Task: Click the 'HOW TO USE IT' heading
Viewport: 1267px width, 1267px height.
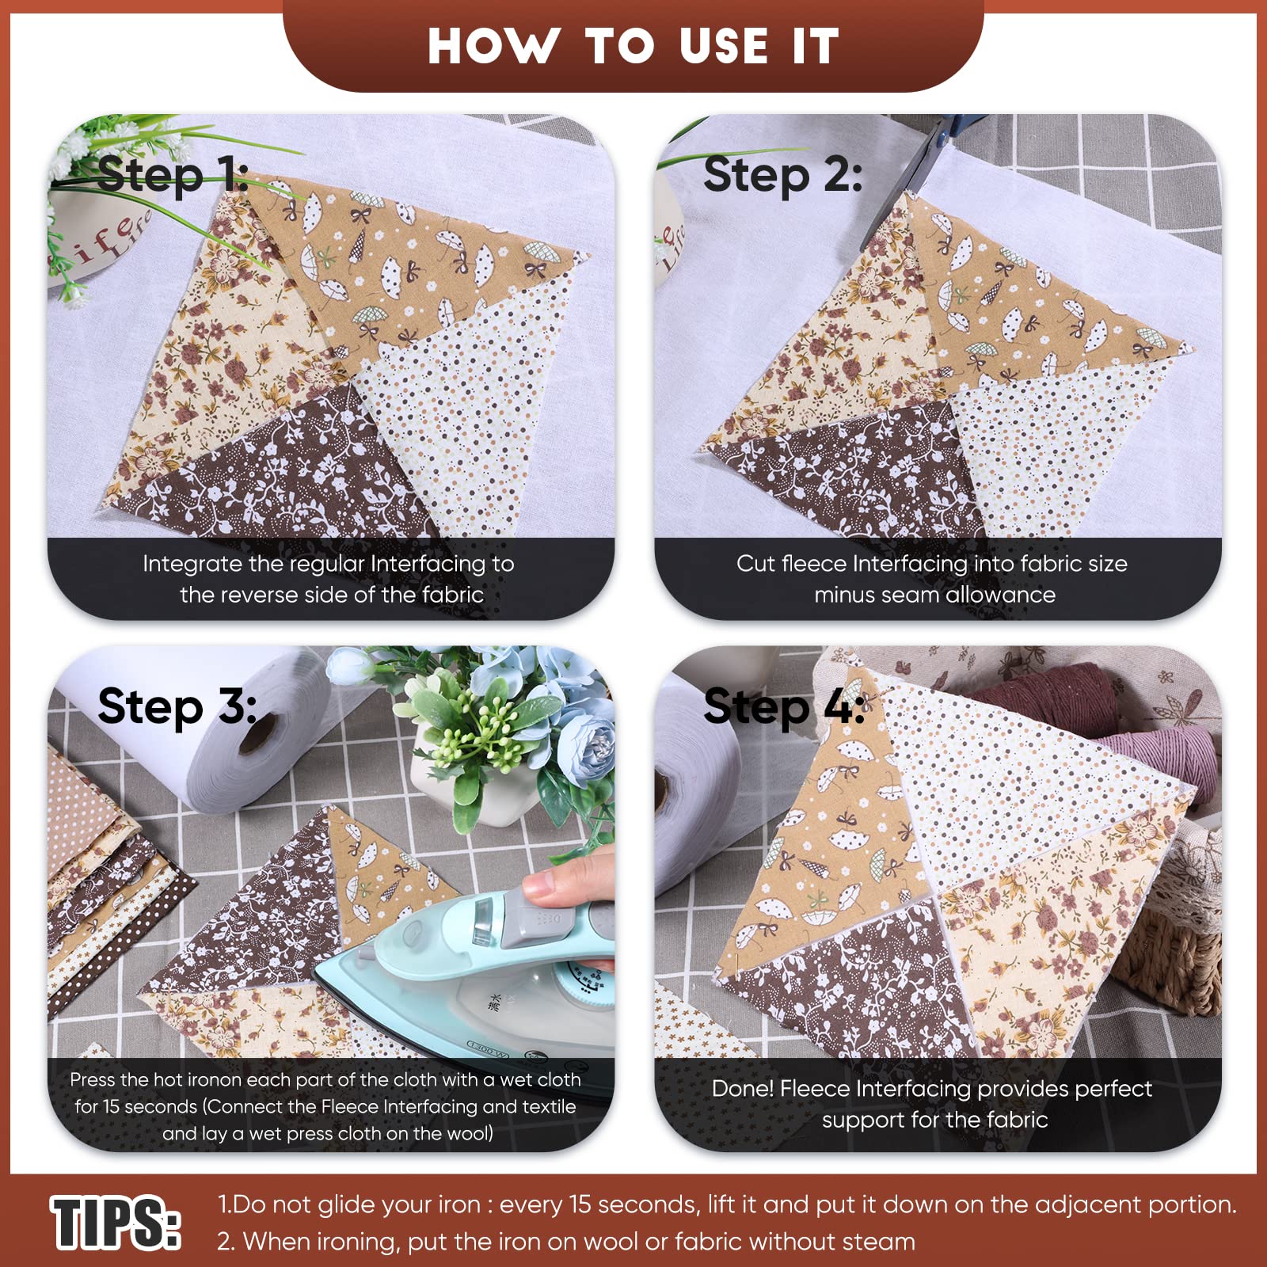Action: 633,46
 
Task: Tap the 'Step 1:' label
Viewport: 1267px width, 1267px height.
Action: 173,175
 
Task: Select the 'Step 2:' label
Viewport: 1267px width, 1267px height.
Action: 782,175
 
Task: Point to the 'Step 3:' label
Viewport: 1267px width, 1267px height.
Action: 177,706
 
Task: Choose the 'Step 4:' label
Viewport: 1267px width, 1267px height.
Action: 784,706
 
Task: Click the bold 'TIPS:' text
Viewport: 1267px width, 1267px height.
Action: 116,1223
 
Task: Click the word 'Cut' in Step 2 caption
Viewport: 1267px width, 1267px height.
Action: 755,564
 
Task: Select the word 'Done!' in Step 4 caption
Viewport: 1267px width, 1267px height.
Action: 742,1089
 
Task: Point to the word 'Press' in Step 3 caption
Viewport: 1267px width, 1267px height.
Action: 93,1080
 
